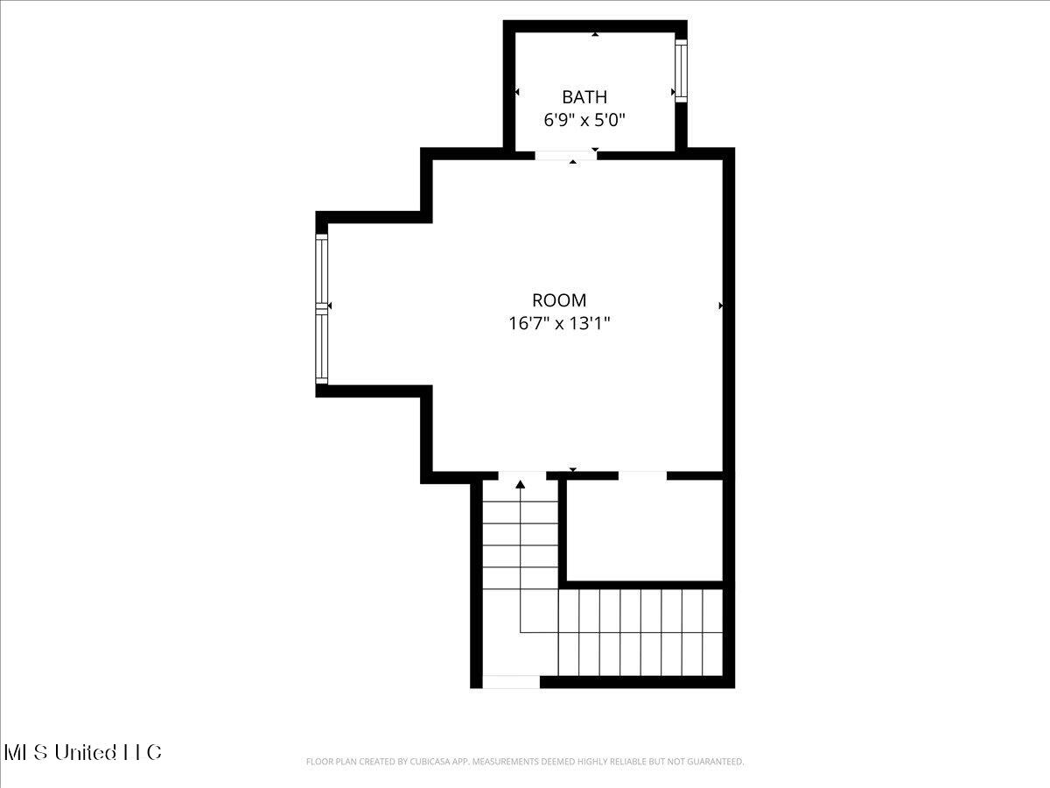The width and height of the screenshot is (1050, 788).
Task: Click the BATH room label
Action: click(x=584, y=97)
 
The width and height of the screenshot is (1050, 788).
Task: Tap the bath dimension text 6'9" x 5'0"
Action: click(x=584, y=120)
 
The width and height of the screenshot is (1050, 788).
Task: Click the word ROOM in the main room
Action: click(x=559, y=300)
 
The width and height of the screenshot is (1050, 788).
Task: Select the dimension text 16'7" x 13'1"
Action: click(x=559, y=323)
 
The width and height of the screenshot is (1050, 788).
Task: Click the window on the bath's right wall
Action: click(x=681, y=70)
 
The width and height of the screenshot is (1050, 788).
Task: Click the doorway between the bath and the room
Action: click(x=565, y=155)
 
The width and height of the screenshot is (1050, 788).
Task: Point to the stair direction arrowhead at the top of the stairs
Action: click(x=521, y=483)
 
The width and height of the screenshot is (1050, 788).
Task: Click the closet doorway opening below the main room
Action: click(x=642, y=475)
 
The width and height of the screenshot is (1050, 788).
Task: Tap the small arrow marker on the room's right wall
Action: click(x=721, y=306)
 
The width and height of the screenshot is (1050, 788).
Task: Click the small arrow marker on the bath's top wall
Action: click(x=595, y=34)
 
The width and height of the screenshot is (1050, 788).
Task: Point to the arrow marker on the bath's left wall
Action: click(x=517, y=92)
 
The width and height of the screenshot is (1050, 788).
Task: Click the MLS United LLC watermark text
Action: click(x=83, y=752)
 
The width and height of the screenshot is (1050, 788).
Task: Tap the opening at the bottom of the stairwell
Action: click(x=511, y=681)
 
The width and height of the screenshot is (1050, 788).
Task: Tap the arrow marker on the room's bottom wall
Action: click(x=573, y=470)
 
